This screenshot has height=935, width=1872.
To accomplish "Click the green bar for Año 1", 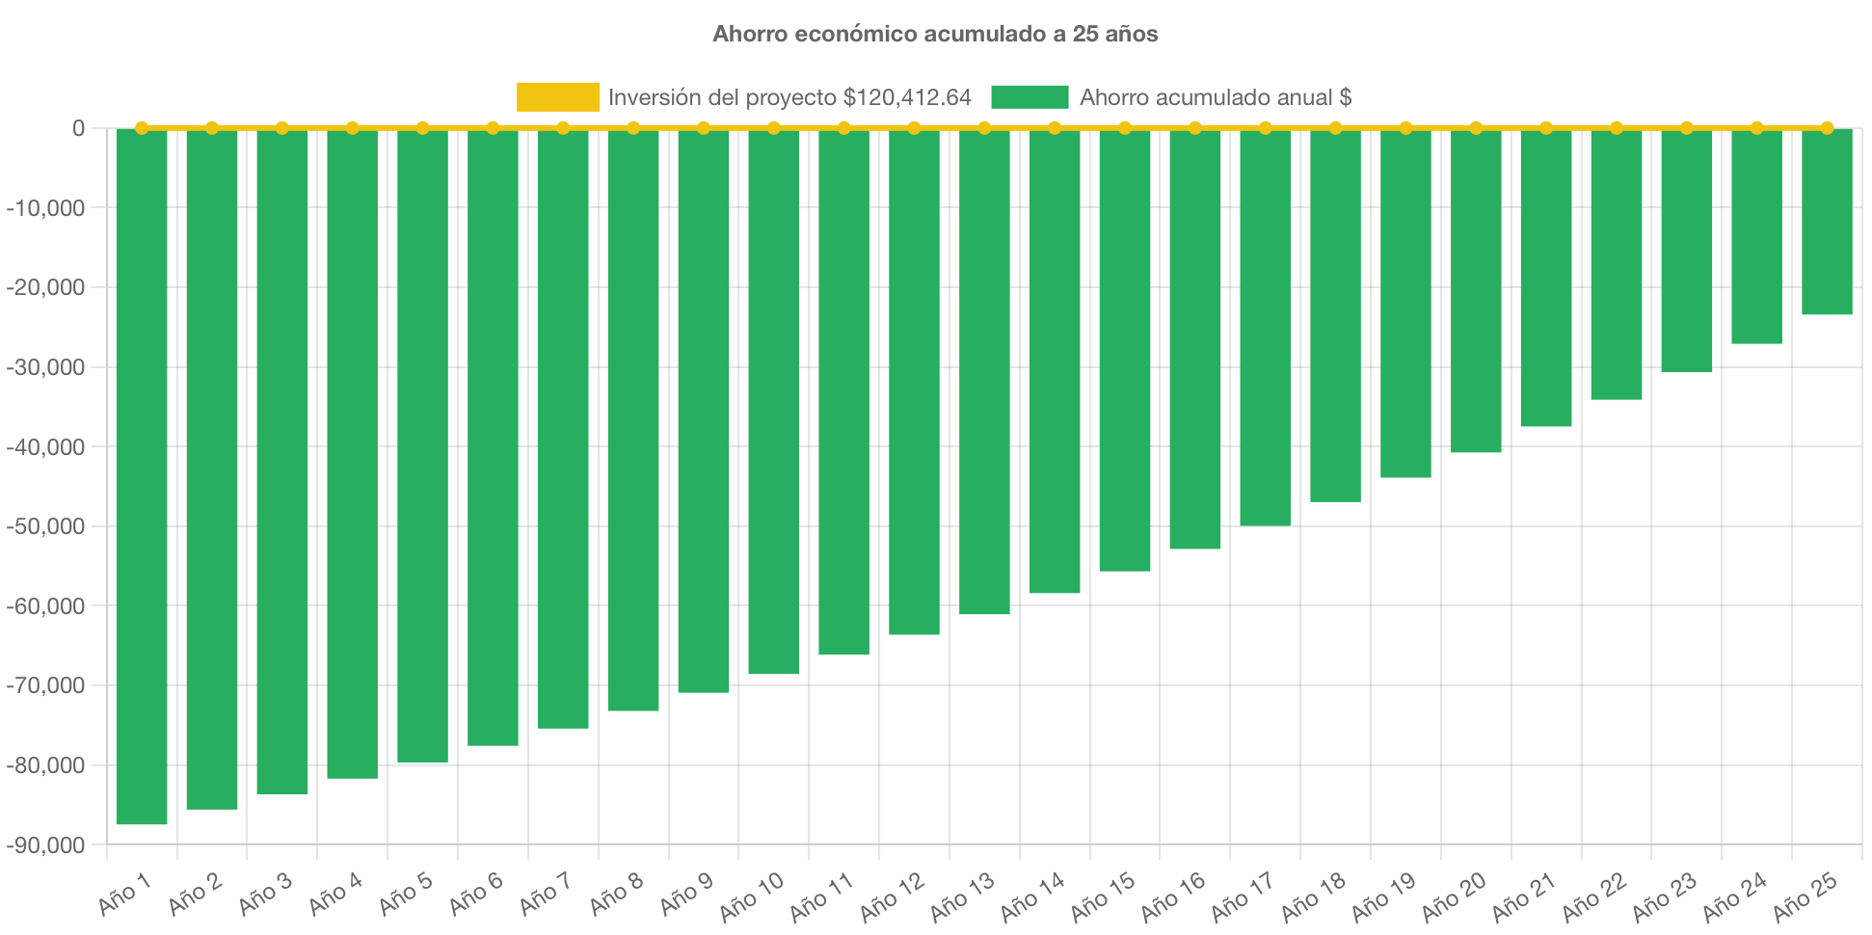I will point(142,477).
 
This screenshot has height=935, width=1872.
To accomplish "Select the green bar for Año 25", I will point(1827,222).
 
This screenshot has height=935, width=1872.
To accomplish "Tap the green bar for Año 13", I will point(984,372).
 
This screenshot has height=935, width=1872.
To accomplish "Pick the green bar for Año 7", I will point(563,429).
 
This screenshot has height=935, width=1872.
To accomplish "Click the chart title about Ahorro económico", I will point(935,34).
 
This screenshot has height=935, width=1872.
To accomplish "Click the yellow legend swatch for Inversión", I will point(557,97).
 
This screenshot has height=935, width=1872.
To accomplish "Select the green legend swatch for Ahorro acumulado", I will point(1030,97).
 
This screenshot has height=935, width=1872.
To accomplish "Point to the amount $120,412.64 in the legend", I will point(907,97).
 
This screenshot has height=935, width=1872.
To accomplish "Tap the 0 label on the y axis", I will point(78,128).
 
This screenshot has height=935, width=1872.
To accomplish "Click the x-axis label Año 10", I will point(751,897).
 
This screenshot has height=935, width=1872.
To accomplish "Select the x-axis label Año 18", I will point(1313,897).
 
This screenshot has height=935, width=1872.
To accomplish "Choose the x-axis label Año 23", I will point(1664,897).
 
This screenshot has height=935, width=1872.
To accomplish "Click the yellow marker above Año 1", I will point(142,128).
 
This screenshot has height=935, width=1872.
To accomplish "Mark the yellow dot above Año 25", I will point(1827,128).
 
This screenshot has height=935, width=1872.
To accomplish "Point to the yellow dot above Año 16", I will point(1195,128).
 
